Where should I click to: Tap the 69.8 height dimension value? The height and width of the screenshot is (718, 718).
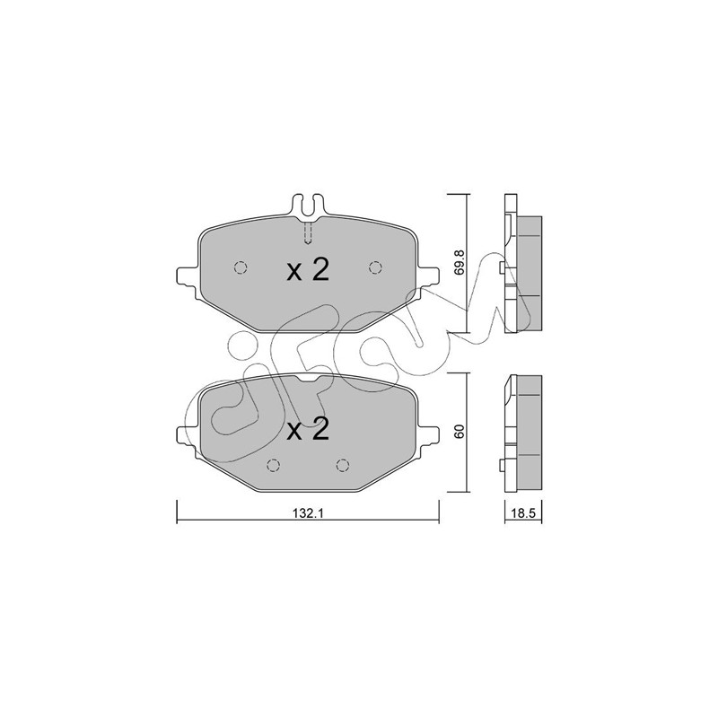tap(460, 262)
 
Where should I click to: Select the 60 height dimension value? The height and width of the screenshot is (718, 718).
tap(460, 432)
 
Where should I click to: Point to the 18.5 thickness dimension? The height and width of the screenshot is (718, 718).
tap(523, 513)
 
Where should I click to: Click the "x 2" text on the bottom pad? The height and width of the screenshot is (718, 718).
tap(308, 430)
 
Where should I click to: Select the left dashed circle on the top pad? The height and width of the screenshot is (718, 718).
tap(241, 267)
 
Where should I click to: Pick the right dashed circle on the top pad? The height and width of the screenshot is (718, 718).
tap(375, 267)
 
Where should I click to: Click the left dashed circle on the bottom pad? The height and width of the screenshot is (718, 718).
tap(274, 465)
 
